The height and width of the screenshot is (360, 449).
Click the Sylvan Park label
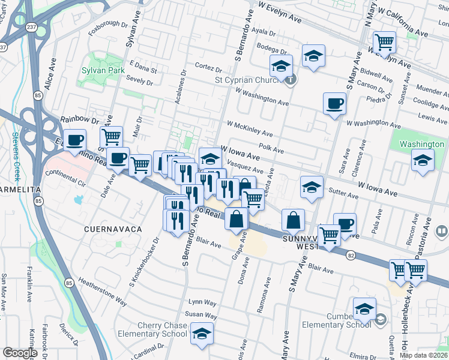coord(103,70)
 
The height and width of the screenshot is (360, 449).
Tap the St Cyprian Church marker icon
coord(291,79)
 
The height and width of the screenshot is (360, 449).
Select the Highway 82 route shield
coord(351,255)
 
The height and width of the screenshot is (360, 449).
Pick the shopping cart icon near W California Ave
coord(384,42)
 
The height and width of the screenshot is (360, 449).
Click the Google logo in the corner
coord(20,353)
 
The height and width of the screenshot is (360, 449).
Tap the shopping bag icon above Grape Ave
coord(237,219)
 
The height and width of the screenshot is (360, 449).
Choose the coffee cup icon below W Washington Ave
coord(334,103)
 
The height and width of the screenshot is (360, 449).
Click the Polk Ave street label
coord(270,148)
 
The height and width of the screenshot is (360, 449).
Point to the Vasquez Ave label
coord(243,169)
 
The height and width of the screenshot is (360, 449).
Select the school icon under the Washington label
coord(422,160)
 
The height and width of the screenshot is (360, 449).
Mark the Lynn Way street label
coord(202,302)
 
